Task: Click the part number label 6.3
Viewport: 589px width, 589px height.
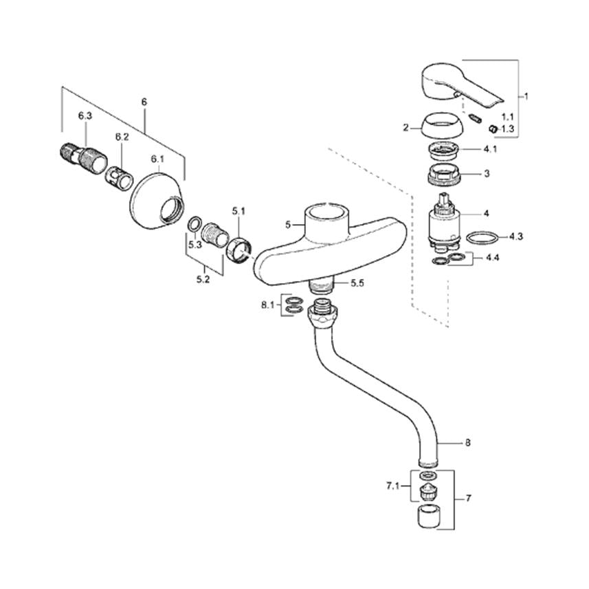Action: tap(85, 116)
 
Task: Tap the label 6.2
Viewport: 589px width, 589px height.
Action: tap(122, 137)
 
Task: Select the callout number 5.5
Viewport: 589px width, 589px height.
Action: tap(357, 283)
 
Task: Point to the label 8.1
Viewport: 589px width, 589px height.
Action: tap(268, 305)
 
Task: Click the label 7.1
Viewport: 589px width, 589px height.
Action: tap(393, 486)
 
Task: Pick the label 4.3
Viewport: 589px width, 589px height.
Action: tap(516, 236)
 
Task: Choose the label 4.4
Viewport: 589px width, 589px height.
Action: tap(493, 258)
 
